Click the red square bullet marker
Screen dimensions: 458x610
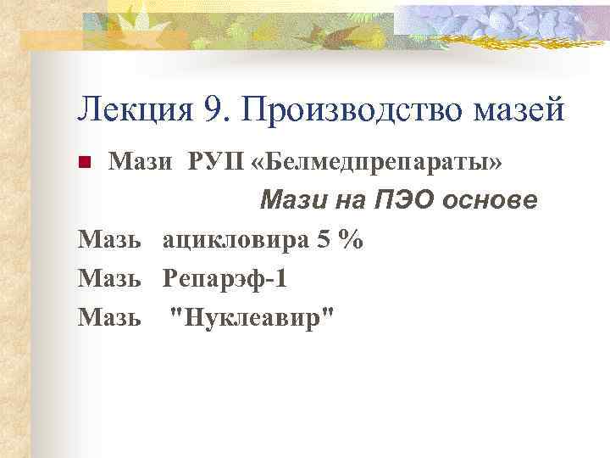point(83,161)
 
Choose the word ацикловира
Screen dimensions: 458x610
point(234,241)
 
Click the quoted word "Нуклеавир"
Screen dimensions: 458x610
point(252,317)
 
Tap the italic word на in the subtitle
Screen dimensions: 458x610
point(343,201)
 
